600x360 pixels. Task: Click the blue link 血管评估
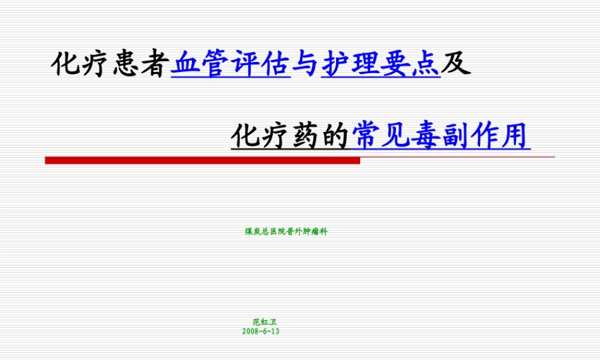tap(230, 64)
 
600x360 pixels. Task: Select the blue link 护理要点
tap(381, 64)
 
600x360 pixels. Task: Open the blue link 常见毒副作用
tap(441, 136)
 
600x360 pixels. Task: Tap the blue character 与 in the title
tap(306, 64)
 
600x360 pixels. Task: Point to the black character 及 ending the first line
tap(457, 64)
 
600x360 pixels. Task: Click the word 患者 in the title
tap(140, 64)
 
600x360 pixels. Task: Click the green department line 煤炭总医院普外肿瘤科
tap(286, 231)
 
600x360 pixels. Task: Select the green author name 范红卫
tap(261, 323)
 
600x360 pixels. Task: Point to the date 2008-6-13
tap(261, 331)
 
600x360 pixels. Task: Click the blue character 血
tap(185, 64)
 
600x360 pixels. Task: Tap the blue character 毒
tap(426, 136)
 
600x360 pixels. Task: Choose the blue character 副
tap(456, 136)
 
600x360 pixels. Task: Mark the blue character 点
tap(426, 64)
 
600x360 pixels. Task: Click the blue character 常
tap(366, 136)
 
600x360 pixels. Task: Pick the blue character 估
tap(275, 64)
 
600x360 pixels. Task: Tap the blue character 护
tap(336, 64)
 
